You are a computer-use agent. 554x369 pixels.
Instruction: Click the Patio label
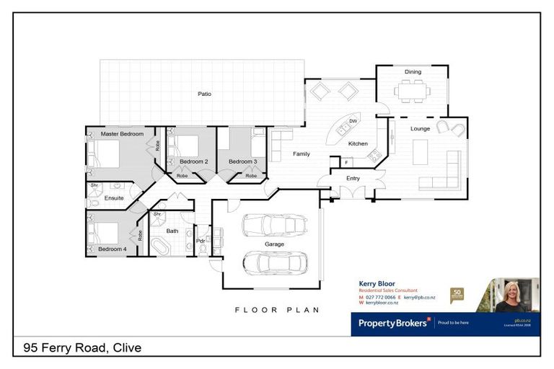click(204, 94)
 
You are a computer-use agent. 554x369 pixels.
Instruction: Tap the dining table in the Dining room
click(412, 89)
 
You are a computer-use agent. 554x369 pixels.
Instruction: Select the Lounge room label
click(420, 129)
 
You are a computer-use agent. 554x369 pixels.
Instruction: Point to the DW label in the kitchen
click(353, 121)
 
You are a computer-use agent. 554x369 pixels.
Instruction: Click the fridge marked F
click(335, 162)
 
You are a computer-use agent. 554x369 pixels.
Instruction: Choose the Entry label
click(353, 178)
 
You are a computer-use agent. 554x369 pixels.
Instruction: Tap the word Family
click(301, 154)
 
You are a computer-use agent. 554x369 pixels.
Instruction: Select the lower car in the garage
click(275, 262)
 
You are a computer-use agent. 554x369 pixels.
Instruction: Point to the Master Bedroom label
click(122, 134)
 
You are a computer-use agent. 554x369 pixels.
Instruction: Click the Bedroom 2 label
click(193, 161)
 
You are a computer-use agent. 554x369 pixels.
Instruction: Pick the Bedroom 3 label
click(242, 161)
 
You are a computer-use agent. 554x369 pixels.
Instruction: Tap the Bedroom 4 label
click(113, 249)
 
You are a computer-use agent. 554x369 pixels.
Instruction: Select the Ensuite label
click(114, 197)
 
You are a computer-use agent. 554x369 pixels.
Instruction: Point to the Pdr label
click(201, 241)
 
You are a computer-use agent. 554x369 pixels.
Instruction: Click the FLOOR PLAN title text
click(277, 310)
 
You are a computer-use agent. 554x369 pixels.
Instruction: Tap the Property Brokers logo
click(394, 323)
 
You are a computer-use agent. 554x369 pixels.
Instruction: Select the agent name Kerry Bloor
click(377, 283)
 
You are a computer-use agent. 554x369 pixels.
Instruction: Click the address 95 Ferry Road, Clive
click(82, 348)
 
